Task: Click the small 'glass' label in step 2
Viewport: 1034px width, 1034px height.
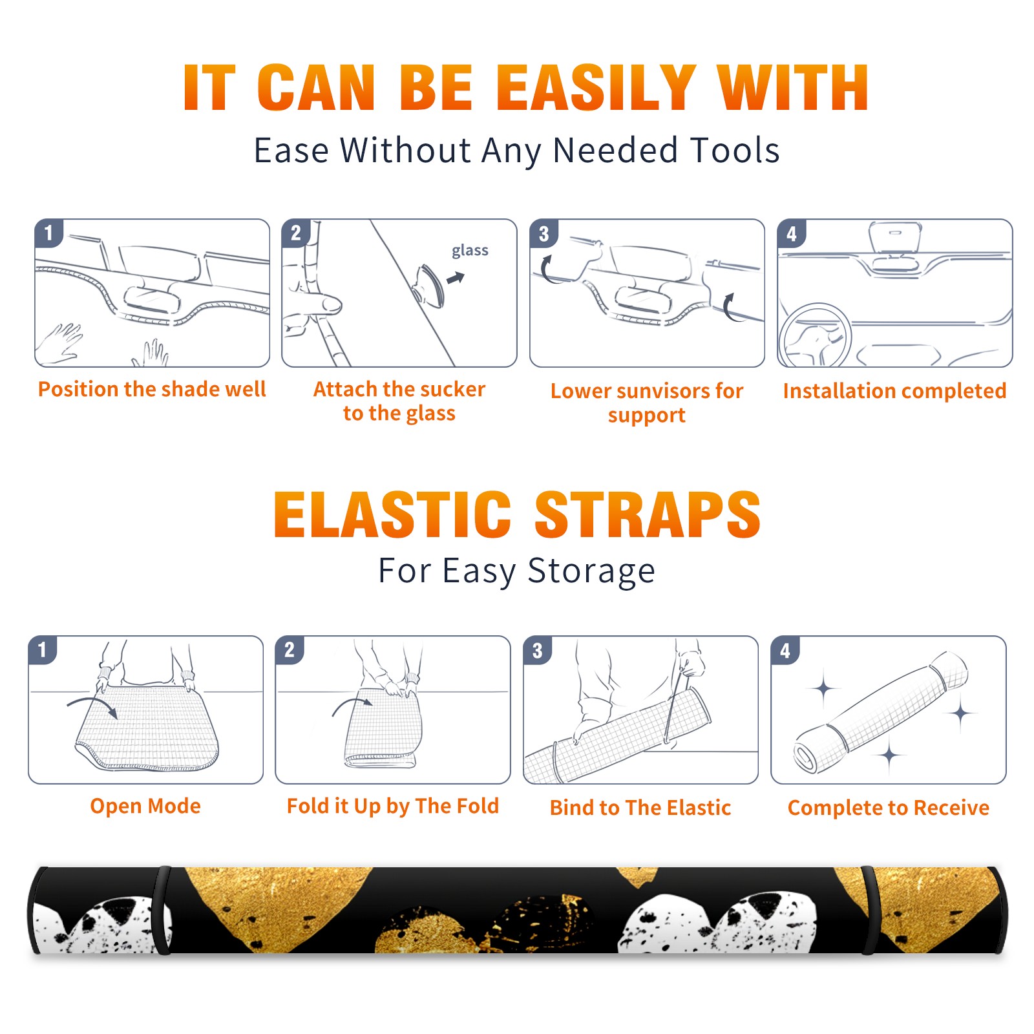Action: pos(470,251)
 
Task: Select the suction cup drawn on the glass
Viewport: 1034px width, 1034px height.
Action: pos(430,285)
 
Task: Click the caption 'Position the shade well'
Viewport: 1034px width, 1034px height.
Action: pos(152,389)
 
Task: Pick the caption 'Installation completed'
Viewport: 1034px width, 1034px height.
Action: pos(894,390)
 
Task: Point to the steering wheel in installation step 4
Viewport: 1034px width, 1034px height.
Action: pos(815,336)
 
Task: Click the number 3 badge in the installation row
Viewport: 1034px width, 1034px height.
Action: pos(543,233)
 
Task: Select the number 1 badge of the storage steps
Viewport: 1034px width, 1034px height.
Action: pos(43,649)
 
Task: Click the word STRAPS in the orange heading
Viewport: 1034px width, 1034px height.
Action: pos(648,514)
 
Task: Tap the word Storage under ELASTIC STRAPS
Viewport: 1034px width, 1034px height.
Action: pos(591,571)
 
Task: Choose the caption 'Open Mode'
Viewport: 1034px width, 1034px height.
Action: pos(145,806)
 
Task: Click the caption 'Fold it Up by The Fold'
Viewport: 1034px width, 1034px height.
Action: pos(393,806)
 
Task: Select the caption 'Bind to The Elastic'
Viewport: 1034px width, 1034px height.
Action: pos(640,808)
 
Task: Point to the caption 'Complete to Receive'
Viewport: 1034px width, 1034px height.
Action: pos(889,808)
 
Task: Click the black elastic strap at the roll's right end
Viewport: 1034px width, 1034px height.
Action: pos(869,911)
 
